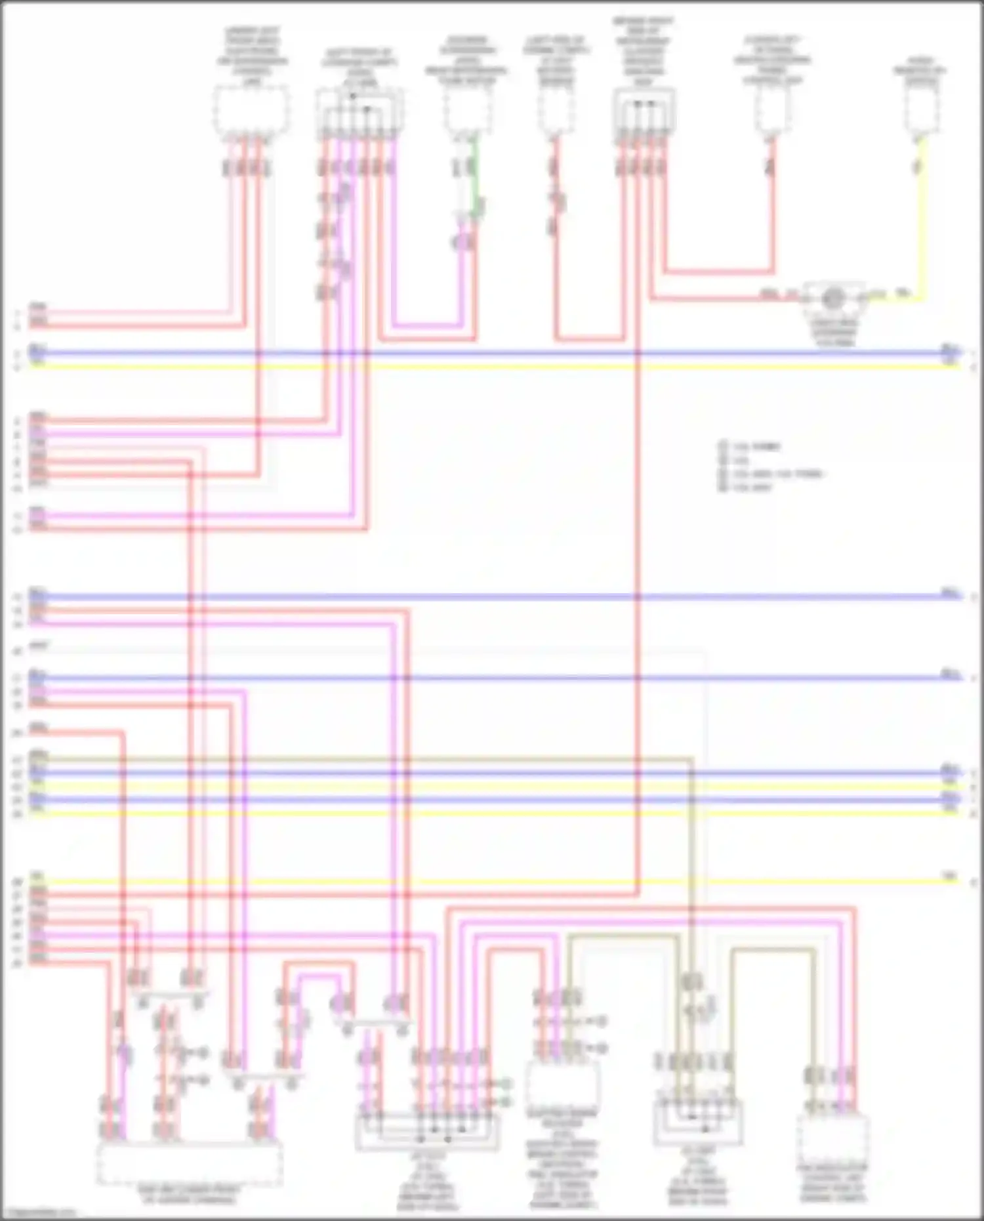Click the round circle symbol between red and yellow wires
[x=833, y=299]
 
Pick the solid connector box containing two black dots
[x=644, y=112]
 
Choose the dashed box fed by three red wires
[x=251, y=112]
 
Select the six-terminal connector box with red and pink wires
[x=359, y=112]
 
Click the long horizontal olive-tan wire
[x=361, y=759]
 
